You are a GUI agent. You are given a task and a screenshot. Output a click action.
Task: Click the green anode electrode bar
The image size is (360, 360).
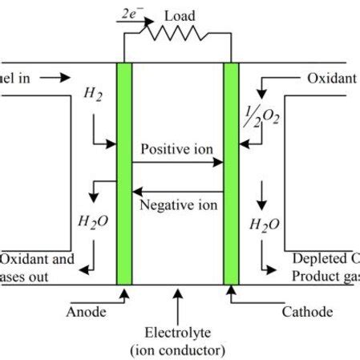coord(124,172)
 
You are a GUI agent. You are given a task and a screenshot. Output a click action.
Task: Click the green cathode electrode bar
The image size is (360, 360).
coord(231,172)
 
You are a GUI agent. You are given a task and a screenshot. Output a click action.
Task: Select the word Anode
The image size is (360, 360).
coord(85,311)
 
